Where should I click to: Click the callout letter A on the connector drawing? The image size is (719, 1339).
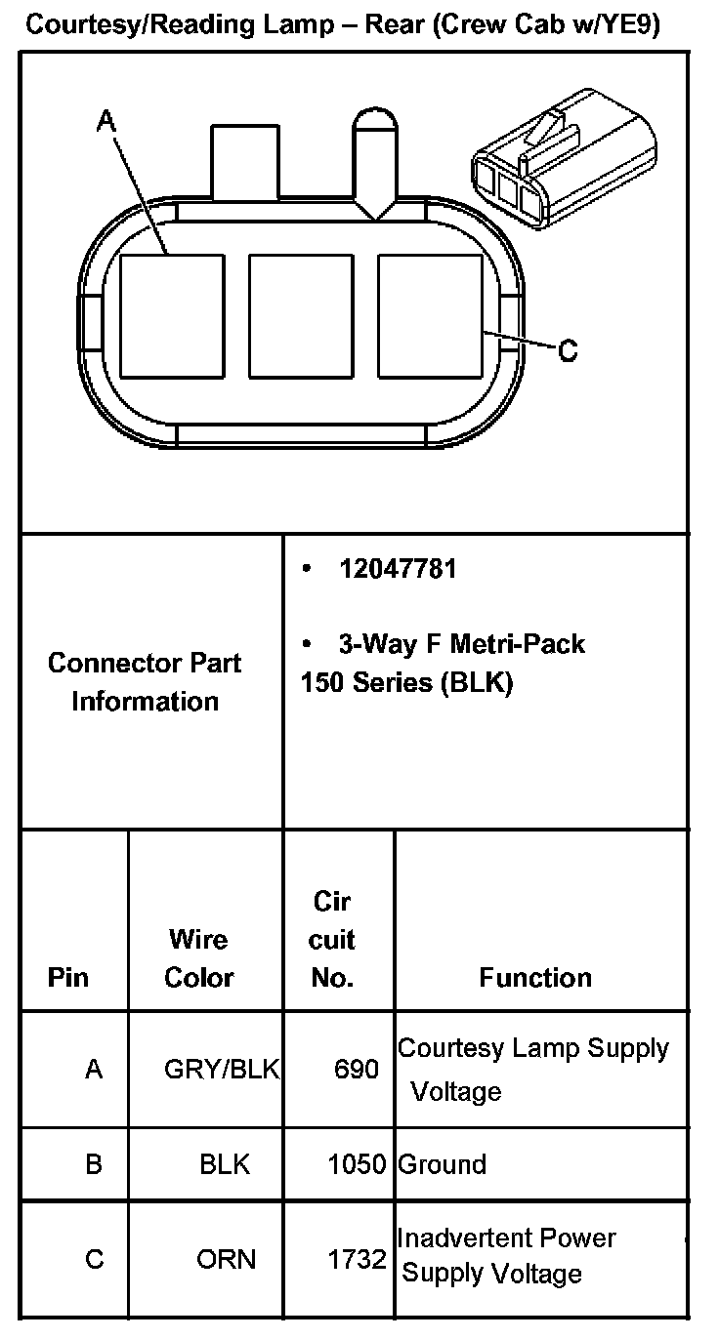coord(106,121)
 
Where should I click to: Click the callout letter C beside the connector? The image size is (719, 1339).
coord(568,349)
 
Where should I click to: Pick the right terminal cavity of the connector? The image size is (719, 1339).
coord(428,316)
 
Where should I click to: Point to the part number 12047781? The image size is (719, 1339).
coord(398,569)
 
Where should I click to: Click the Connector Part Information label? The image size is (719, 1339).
coord(145,681)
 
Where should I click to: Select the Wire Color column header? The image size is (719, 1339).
coord(198,958)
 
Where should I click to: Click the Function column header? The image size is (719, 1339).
coord(535,978)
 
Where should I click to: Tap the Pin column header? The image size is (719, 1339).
coord(67,978)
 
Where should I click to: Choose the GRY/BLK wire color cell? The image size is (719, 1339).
coord(222,1070)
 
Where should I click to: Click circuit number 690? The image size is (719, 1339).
coord(356,1070)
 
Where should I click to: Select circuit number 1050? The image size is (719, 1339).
coord(357,1164)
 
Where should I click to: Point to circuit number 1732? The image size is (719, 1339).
coord(357,1260)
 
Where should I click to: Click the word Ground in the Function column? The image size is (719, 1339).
coord(443,1164)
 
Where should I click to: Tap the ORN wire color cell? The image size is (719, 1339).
coord(226,1260)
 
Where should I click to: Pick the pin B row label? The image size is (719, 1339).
coord(94,1164)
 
